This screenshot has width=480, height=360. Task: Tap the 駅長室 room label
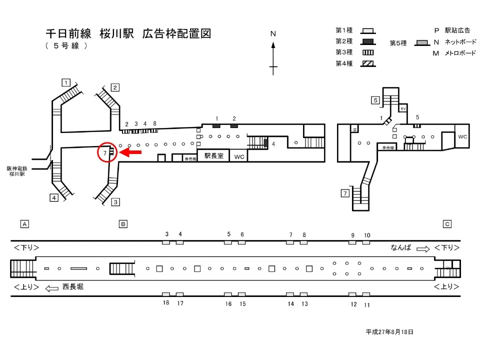(x=213, y=156)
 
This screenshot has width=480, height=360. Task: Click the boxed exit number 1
(x=65, y=82)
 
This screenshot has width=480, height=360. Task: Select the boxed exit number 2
(x=114, y=88)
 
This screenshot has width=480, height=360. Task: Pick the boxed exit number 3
(x=115, y=202)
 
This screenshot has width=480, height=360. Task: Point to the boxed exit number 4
(x=53, y=197)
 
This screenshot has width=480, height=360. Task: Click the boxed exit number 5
(x=375, y=100)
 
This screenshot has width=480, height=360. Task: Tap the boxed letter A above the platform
(x=24, y=224)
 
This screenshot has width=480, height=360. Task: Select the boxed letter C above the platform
(x=447, y=224)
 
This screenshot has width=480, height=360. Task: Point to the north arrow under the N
(x=273, y=57)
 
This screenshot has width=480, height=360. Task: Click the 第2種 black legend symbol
(x=369, y=41)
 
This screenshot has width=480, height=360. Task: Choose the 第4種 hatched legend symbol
(x=369, y=63)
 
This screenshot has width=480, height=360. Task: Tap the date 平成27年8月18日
(x=389, y=331)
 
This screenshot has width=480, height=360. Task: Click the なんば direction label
(x=401, y=247)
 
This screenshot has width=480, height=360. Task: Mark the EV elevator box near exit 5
(x=403, y=108)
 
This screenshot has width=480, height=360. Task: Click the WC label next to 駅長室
(x=239, y=156)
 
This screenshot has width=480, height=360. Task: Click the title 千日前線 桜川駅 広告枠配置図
(x=128, y=34)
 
